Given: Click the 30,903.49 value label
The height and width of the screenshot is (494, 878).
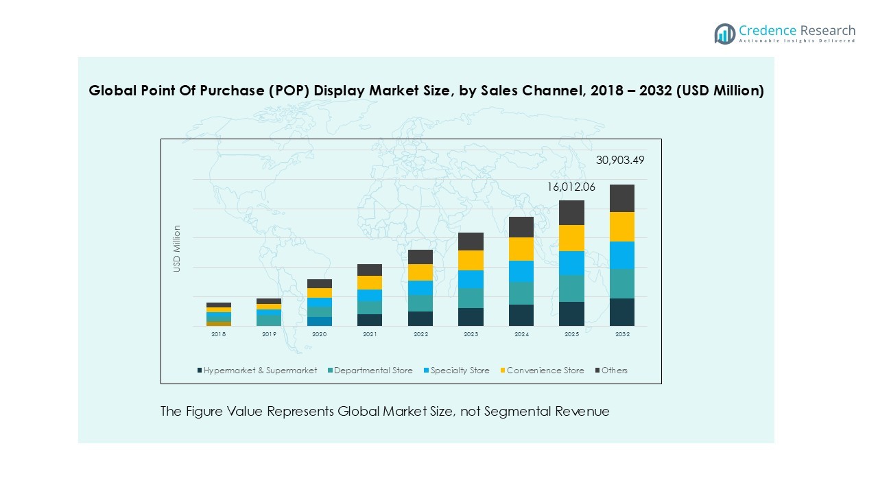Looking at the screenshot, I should coord(619,161).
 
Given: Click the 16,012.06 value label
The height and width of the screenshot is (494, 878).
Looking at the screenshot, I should coord(571,187).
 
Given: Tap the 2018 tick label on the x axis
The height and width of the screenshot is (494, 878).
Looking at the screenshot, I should coord(218,334).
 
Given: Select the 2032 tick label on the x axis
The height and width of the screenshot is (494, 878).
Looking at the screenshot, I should coord(622,334).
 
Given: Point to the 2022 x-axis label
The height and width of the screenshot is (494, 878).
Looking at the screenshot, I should coord(420,334).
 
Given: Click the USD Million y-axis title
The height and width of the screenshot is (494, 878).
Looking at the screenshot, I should coord(177,248).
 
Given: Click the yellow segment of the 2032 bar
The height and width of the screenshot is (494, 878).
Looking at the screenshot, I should coord(622,226).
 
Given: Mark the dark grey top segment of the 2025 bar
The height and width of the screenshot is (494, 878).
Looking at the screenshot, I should coord(572,213).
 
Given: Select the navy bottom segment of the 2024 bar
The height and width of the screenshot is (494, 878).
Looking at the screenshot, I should coord(521,315).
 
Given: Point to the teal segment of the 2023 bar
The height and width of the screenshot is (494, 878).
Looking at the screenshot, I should coord(471,298).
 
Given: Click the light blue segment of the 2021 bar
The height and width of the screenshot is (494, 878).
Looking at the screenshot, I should coord(370,295).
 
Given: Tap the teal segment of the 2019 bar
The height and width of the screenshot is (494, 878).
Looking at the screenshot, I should coord(269,319).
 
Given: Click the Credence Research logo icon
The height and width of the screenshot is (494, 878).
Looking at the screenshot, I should coord(724,34).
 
